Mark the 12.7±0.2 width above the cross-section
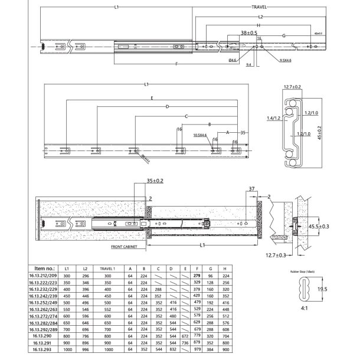click(292, 87)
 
